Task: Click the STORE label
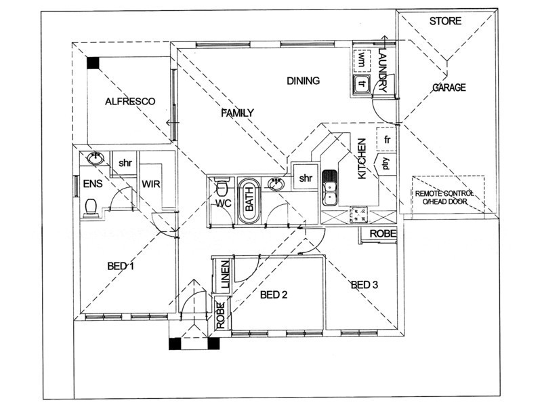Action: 445,21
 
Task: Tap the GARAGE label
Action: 449,88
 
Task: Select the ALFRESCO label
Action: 130,102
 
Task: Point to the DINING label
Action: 303,81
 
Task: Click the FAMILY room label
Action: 238,113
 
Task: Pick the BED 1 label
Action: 121,267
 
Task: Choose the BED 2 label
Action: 274,294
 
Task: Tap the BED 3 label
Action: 364,285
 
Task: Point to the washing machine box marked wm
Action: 361,60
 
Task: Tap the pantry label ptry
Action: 385,163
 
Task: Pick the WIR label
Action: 150,184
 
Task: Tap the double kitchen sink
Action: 330,188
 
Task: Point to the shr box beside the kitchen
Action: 306,178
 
